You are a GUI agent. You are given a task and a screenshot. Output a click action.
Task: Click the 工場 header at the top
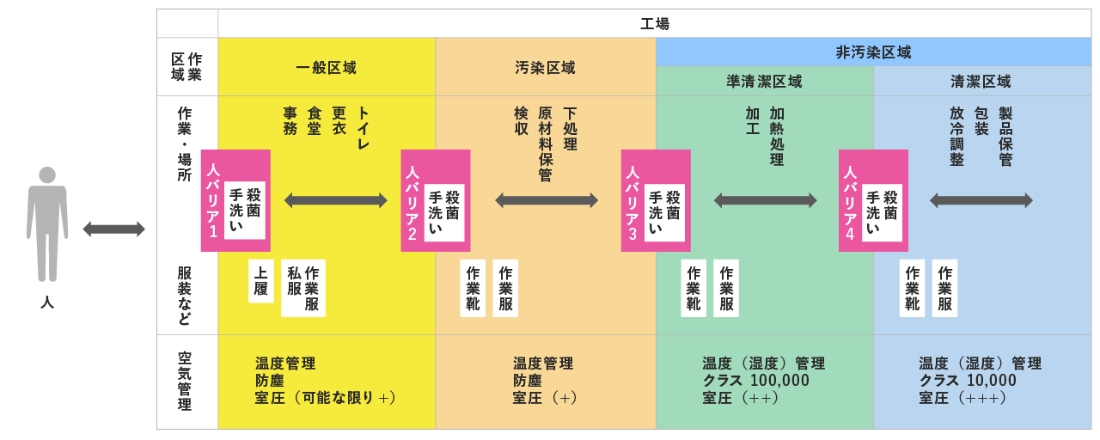654,24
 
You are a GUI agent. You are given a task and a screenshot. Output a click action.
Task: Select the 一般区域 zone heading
326,68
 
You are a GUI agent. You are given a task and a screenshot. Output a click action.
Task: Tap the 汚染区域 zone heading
545,68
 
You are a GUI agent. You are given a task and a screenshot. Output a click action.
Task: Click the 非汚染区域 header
873,52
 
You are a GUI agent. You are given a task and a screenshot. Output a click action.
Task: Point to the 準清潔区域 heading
764,82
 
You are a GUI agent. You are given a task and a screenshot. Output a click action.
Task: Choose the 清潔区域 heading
981,82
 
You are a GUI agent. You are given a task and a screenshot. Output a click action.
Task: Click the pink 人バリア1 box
235,200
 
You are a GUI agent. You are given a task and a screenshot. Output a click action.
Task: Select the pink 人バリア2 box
436,200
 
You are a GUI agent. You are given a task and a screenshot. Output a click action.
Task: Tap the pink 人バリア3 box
656,200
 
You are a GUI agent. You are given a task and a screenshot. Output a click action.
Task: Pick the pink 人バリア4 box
873,200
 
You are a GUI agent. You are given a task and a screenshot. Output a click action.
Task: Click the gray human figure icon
47,223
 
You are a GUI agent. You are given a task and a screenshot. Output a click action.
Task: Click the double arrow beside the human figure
113,229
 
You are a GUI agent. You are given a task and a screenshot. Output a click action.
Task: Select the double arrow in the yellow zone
335,200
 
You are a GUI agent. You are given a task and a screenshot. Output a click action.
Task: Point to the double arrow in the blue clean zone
981,200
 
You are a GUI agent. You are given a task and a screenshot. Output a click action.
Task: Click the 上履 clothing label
261,281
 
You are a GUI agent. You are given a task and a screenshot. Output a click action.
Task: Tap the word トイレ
363,129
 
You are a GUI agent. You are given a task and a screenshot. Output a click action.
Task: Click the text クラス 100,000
755,381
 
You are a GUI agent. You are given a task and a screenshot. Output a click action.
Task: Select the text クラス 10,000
968,381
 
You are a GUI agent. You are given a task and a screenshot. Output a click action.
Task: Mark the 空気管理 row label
185,382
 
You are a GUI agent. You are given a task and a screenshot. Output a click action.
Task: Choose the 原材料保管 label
545,144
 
